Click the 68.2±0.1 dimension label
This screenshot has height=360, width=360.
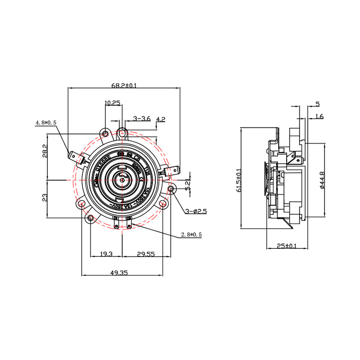[x=124, y=85]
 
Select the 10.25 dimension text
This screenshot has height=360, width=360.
[x=112, y=103]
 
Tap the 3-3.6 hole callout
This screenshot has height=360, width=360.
[x=142, y=119]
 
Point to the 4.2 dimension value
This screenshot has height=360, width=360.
[x=161, y=119]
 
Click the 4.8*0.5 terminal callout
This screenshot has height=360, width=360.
[x=46, y=122]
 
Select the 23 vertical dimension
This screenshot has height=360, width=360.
[x=45, y=197]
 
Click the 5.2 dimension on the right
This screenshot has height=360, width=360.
[x=188, y=184]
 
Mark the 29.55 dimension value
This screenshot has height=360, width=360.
[x=145, y=254]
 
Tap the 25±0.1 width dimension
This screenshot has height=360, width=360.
[x=287, y=246]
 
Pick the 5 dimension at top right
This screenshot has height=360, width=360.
[x=317, y=104]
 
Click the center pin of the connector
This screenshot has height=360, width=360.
[x=122, y=179]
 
